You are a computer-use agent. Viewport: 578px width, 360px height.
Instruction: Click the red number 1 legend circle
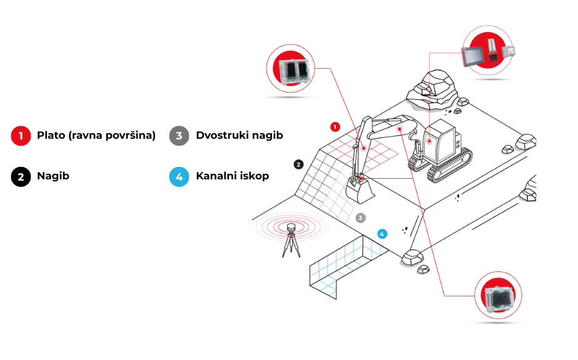pos(21,136)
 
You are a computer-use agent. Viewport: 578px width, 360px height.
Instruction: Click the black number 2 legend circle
pos(21,176)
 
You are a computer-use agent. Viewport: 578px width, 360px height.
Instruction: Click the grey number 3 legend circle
pos(180,136)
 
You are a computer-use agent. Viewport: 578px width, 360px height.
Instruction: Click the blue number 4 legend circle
pos(180,176)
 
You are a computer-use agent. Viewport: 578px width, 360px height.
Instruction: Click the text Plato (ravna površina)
pos(96,136)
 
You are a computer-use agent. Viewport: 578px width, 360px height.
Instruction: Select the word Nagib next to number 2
pos(53,176)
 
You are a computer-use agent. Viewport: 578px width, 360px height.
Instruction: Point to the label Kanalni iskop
pos(233,176)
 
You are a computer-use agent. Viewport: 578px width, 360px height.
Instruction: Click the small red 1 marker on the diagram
pos(335,127)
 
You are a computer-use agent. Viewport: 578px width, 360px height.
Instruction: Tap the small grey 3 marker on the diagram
pos(360,218)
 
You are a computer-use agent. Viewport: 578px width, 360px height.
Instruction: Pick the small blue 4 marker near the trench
pos(382,234)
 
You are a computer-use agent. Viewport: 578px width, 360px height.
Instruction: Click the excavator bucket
pos(360,191)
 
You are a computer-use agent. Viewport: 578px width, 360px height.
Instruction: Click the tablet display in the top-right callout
pos(473,57)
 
